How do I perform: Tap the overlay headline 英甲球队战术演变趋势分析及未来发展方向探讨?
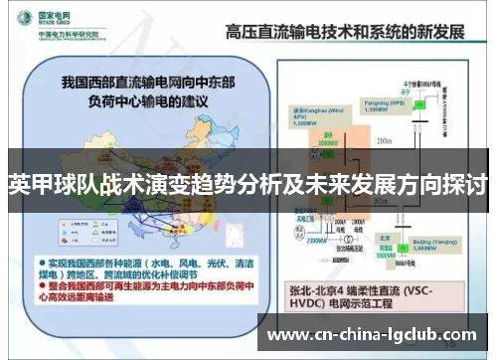pyautogui.click(x=248, y=185)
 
